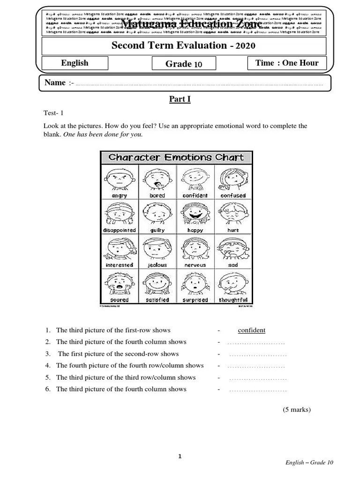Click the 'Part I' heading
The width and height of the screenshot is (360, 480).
pyautogui.click(x=180, y=99)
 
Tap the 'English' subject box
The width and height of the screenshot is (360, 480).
pyautogui.click(x=75, y=63)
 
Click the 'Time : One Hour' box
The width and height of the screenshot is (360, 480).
pyautogui.click(x=286, y=63)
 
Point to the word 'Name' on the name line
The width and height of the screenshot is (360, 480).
pyautogui.click(x=55, y=83)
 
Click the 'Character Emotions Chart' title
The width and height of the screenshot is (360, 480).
pyautogui.click(x=176, y=157)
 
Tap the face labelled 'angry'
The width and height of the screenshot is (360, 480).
pyautogui.click(x=119, y=178)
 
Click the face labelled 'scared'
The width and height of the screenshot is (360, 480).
pyautogui.click(x=119, y=283)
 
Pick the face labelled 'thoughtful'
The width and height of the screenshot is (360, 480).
pyautogui.click(x=233, y=283)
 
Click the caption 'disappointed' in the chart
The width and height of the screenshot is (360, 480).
pyautogui.click(x=119, y=230)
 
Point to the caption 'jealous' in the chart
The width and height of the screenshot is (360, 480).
pyautogui.click(x=157, y=265)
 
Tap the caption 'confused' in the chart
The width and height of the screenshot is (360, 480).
pyautogui.click(x=233, y=195)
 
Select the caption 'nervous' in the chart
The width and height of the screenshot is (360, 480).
pyautogui.click(x=195, y=265)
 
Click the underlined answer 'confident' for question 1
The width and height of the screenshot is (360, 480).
pyautogui.click(x=251, y=330)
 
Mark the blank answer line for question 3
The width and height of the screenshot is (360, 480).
pyautogui.click(x=257, y=354)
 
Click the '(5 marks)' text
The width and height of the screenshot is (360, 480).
pyautogui.click(x=296, y=409)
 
